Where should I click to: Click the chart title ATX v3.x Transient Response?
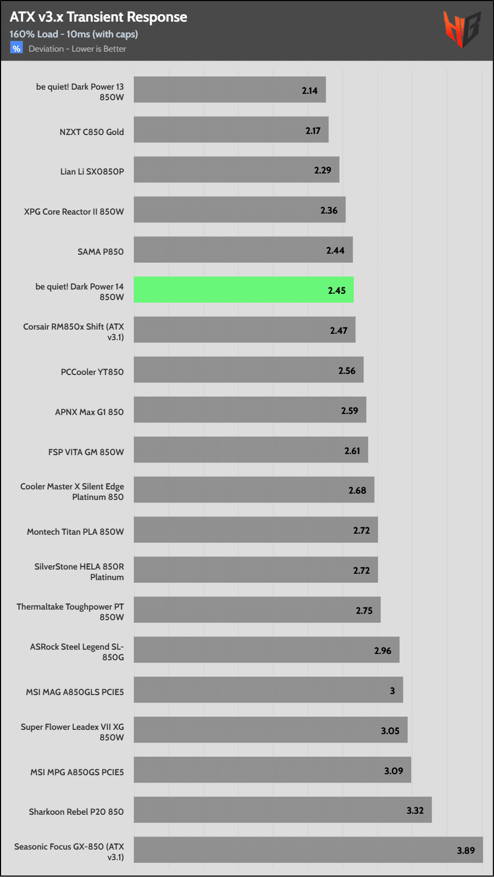98,17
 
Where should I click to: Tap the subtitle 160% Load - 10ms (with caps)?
74,34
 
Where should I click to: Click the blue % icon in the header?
16,49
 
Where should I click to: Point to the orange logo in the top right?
462,29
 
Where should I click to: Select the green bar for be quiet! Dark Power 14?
244,290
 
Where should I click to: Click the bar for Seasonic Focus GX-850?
308,850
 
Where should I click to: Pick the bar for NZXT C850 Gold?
231,130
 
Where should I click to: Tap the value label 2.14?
309,91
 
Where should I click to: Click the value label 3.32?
415,811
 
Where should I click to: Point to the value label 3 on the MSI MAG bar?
392,691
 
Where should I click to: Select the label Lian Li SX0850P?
92,171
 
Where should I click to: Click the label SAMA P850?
101,252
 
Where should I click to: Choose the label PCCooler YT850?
92,372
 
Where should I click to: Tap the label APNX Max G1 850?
90,412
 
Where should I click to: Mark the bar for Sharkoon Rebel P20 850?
283,809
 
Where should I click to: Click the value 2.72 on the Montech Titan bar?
362,531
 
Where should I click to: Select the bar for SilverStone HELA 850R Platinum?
256,570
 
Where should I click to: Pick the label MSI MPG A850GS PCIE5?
77,772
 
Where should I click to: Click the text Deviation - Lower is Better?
78,49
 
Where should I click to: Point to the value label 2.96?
383,651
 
